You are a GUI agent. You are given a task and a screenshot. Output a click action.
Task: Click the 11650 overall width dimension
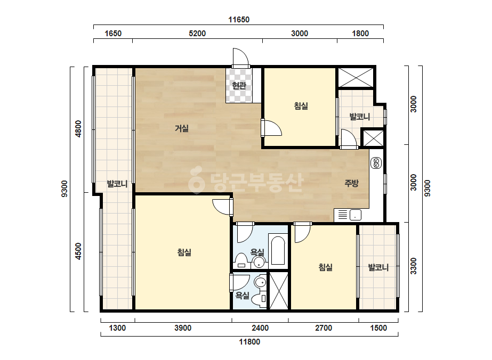click(x=239, y=20)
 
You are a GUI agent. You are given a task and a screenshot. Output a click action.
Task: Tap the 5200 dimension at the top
click(x=197, y=33)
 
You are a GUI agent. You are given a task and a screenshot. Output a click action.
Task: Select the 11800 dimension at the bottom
click(x=249, y=341)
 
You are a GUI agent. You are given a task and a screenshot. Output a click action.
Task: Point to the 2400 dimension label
click(x=260, y=328)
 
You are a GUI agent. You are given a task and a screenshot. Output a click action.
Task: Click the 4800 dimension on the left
click(x=78, y=128)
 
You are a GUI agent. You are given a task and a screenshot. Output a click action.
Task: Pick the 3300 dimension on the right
click(x=414, y=266)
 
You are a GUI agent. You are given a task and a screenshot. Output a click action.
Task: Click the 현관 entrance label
click(x=239, y=85)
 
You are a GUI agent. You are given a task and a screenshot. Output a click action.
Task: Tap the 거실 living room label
click(x=182, y=128)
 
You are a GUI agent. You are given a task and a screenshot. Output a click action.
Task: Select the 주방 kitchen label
click(x=351, y=183)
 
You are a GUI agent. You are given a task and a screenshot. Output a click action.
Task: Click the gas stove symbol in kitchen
click(x=376, y=163)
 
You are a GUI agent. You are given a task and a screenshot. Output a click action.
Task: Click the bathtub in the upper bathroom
click(x=278, y=250)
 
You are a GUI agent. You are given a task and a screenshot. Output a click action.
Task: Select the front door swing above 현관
click(x=240, y=58)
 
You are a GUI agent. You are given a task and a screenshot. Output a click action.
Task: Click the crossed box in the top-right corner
click(x=356, y=77)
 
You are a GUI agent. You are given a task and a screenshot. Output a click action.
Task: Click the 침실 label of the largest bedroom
click(x=184, y=252)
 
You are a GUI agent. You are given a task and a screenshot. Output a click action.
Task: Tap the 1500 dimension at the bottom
click(x=378, y=328)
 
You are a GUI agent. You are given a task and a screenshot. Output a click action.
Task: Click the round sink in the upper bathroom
click(x=259, y=262)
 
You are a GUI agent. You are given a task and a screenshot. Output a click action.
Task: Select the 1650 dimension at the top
click(x=113, y=33)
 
